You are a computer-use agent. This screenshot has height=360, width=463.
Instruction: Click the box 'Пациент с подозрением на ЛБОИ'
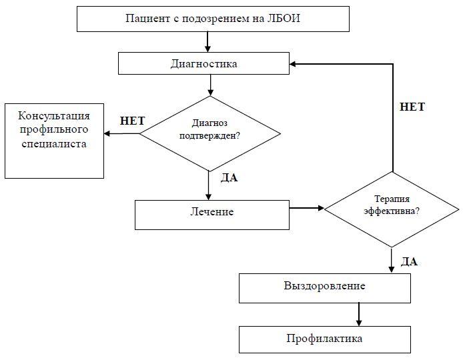(213, 18)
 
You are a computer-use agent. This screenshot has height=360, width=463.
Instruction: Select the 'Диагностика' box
(203, 64)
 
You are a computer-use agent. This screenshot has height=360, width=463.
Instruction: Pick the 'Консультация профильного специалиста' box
(54, 141)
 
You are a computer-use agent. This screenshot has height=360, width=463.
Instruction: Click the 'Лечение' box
(211, 213)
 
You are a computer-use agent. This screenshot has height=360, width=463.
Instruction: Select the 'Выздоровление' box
(325, 287)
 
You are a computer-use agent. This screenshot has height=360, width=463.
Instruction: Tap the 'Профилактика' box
(325, 339)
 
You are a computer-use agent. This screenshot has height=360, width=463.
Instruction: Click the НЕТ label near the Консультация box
(132, 121)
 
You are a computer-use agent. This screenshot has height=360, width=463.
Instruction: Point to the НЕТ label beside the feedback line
(412, 107)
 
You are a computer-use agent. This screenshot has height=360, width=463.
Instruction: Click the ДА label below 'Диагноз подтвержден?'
(229, 178)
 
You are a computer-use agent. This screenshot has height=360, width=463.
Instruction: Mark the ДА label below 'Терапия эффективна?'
(410, 261)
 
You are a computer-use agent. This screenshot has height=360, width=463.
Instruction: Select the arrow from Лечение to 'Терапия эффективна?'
(306, 209)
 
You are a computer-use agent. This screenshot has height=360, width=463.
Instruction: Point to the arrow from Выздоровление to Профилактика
(359, 313)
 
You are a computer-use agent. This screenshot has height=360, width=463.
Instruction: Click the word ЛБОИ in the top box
(285, 18)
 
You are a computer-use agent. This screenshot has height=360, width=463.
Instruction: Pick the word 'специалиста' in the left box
(53, 143)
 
